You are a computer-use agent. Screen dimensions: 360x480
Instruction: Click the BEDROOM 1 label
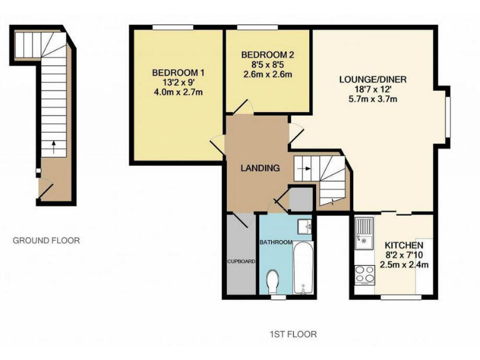point(179,73)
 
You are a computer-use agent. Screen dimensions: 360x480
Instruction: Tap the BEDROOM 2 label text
point(267,54)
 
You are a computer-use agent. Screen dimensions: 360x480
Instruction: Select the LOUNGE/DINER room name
point(373,79)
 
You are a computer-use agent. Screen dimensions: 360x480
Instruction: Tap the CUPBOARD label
point(239,261)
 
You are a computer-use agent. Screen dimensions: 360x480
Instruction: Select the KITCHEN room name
point(404,245)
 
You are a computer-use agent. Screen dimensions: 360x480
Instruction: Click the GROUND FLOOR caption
point(47,240)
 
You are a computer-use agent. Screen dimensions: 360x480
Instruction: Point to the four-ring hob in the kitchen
point(364,273)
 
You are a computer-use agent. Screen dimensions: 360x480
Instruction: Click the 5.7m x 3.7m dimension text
point(373,99)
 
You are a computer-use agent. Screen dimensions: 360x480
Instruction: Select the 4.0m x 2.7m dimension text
point(179,93)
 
